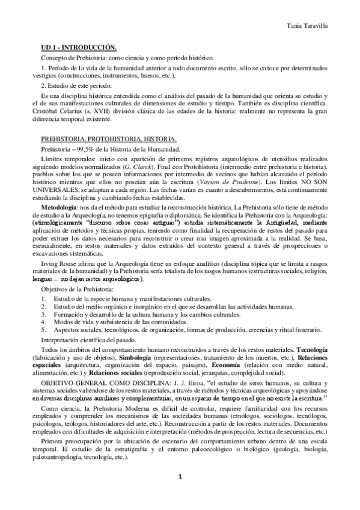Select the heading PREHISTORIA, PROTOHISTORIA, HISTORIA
tap(96, 138)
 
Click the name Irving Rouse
tap(57, 264)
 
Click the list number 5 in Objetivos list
tap(43, 330)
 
